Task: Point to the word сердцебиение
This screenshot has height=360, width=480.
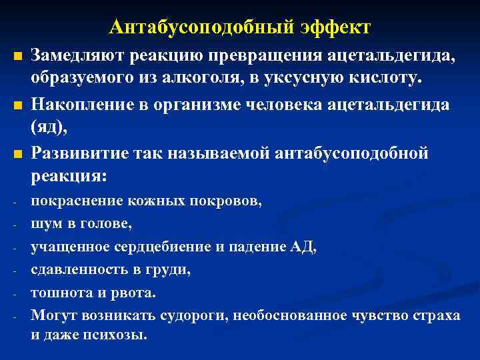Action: coord(166,247)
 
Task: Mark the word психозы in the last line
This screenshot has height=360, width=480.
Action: coord(121,335)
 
